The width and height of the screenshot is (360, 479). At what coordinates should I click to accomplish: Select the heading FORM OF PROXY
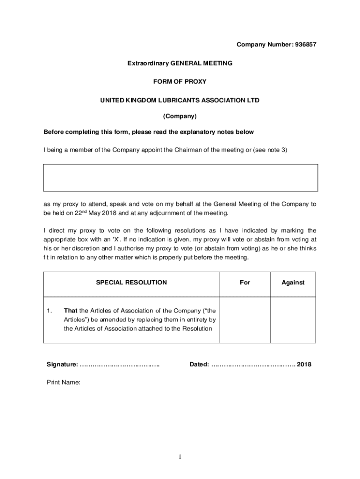coord(180,81)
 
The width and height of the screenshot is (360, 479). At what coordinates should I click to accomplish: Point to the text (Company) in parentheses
coord(180,116)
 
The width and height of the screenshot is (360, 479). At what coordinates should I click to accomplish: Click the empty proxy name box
coord(180,178)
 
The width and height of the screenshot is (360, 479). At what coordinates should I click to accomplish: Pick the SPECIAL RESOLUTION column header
coord(131,283)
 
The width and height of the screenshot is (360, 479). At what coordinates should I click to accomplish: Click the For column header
coord(245,283)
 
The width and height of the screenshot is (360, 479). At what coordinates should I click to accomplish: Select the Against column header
coord(293,283)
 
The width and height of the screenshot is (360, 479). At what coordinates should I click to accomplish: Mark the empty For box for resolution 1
coord(245,319)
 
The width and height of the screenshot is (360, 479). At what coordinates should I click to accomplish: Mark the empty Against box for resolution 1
coord(293,319)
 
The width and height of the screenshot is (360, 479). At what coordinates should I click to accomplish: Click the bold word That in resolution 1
coord(70,311)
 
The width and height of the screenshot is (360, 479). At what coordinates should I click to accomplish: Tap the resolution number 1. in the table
coord(50,311)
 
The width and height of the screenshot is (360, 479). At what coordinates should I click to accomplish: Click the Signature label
coord(62,364)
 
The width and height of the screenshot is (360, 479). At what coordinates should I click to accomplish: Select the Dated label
coord(199,364)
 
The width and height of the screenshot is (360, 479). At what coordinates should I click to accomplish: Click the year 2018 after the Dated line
coord(304,364)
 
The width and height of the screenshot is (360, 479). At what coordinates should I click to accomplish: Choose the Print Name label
coord(64,382)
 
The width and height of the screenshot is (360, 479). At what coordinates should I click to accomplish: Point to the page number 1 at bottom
coord(180,457)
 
